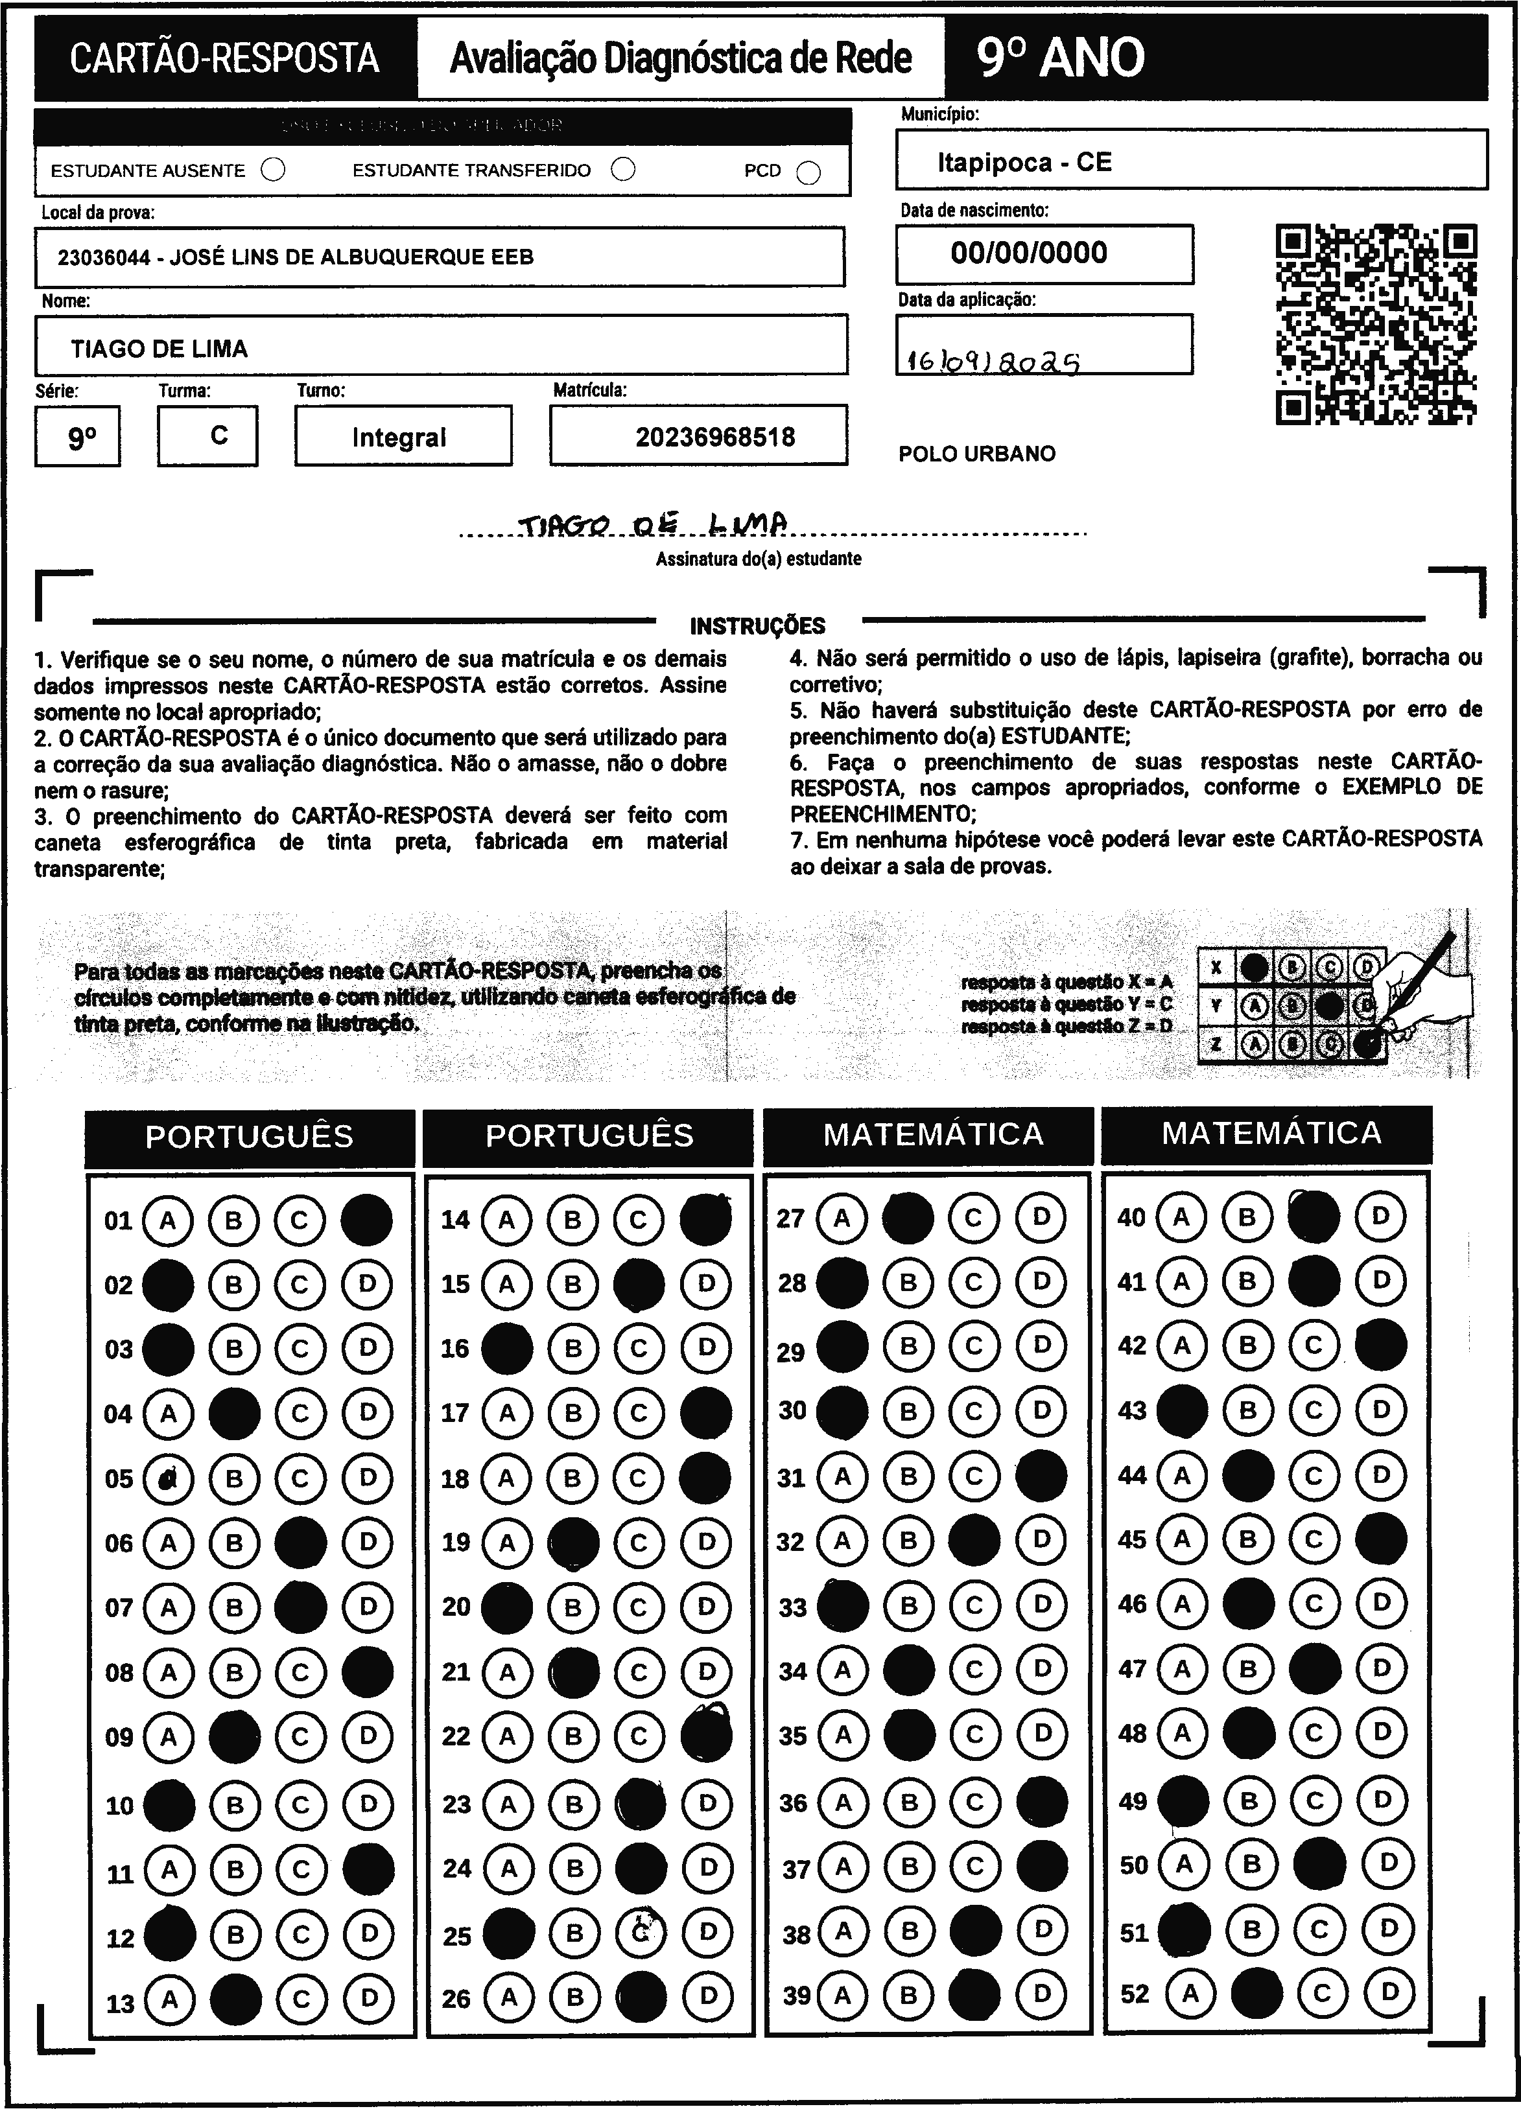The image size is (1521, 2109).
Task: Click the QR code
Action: (x=1376, y=323)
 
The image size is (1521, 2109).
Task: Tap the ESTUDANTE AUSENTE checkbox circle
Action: (x=274, y=170)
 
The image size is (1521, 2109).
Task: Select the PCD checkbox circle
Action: (x=809, y=173)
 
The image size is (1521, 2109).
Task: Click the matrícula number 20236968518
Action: (x=715, y=437)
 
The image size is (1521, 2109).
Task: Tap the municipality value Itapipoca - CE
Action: (x=1024, y=163)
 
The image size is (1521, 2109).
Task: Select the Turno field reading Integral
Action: (x=399, y=437)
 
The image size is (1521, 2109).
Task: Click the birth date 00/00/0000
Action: (x=1029, y=253)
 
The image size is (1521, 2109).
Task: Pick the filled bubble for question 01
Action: (x=366, y=1220)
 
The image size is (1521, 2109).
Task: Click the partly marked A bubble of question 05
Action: (x=169, y=1478)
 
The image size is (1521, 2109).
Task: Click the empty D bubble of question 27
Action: (x=1041, y=1217)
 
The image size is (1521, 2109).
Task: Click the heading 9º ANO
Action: (x=1061, y=58)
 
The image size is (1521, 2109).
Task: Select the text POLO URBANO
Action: (x=977, y=454)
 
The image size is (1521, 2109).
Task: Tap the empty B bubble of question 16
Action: (x=573, y=1348)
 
